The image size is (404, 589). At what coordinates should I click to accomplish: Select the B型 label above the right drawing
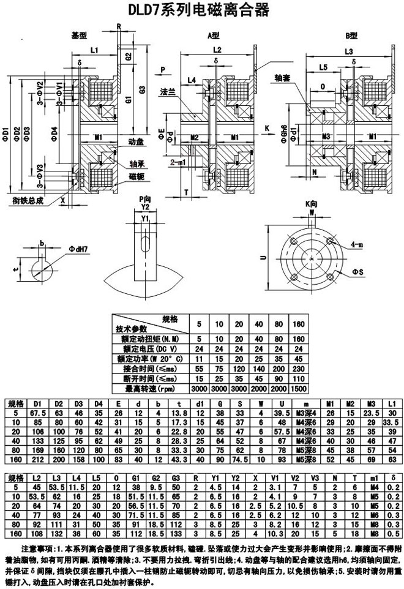coord(350,35)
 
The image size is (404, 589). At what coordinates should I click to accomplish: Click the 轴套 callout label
coord(283,78)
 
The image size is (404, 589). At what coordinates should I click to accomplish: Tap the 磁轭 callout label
coord(137,176)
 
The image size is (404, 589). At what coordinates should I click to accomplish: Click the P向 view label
coord(144,199)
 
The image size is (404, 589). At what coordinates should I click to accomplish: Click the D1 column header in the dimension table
coord(37,403)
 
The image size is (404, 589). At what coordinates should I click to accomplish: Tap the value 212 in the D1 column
coord(37,459)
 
